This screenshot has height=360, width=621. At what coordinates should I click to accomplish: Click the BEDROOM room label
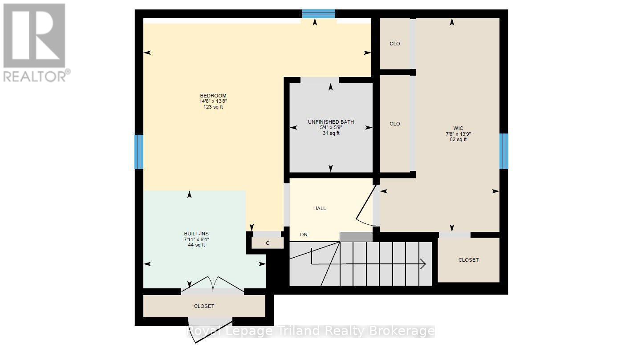pyautogui.click(x=213, y=96)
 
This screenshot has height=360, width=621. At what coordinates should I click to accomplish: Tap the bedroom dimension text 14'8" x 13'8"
pyautogui.click(x=213, y=101)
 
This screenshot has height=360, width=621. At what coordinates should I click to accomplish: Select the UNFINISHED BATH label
pyautogui.click(x=331, y=122)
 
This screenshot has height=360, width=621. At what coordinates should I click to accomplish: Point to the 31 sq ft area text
pyautogui.click(x=331, y=133)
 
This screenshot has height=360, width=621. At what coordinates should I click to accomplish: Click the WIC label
pyautogui.click(x=458, y=128)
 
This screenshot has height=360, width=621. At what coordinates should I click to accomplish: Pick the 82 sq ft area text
pyautogui.click(x=458, y=140)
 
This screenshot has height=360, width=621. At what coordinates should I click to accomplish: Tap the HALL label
pyautogui.click(x=320, y=208)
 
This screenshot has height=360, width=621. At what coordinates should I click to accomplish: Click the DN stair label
pyautogui.click(x=304, y=235)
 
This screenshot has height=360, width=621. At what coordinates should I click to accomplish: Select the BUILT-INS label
pyautogui.click(x=196, y=234)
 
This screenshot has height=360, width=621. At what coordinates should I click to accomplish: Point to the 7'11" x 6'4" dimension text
pyautogui.click(x=196, y=239)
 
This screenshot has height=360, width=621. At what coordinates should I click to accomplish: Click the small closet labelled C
pyautogui.click(x=268, y=243)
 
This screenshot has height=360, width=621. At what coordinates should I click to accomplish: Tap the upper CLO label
pyautogui.click(x=395, y=44)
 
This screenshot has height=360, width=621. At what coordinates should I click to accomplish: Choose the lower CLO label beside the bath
pyautogui.click(x=395, y=124)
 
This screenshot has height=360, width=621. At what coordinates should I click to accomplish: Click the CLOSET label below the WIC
pyautogui.click(x=468, y=260)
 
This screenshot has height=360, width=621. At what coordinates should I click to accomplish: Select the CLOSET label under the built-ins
pyautogui.click(x=204, y=306)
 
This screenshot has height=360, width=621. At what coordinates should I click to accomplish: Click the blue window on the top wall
pyautogui.click(x=319, y=14)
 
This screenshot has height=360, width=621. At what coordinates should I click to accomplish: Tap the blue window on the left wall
pyautogui.click(x=139, y=152)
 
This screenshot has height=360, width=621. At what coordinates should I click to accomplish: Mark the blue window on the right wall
pyautogui.click(x=504, y=151)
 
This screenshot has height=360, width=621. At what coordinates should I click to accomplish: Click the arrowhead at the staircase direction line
pyautogui.click(x=423, y=264)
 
